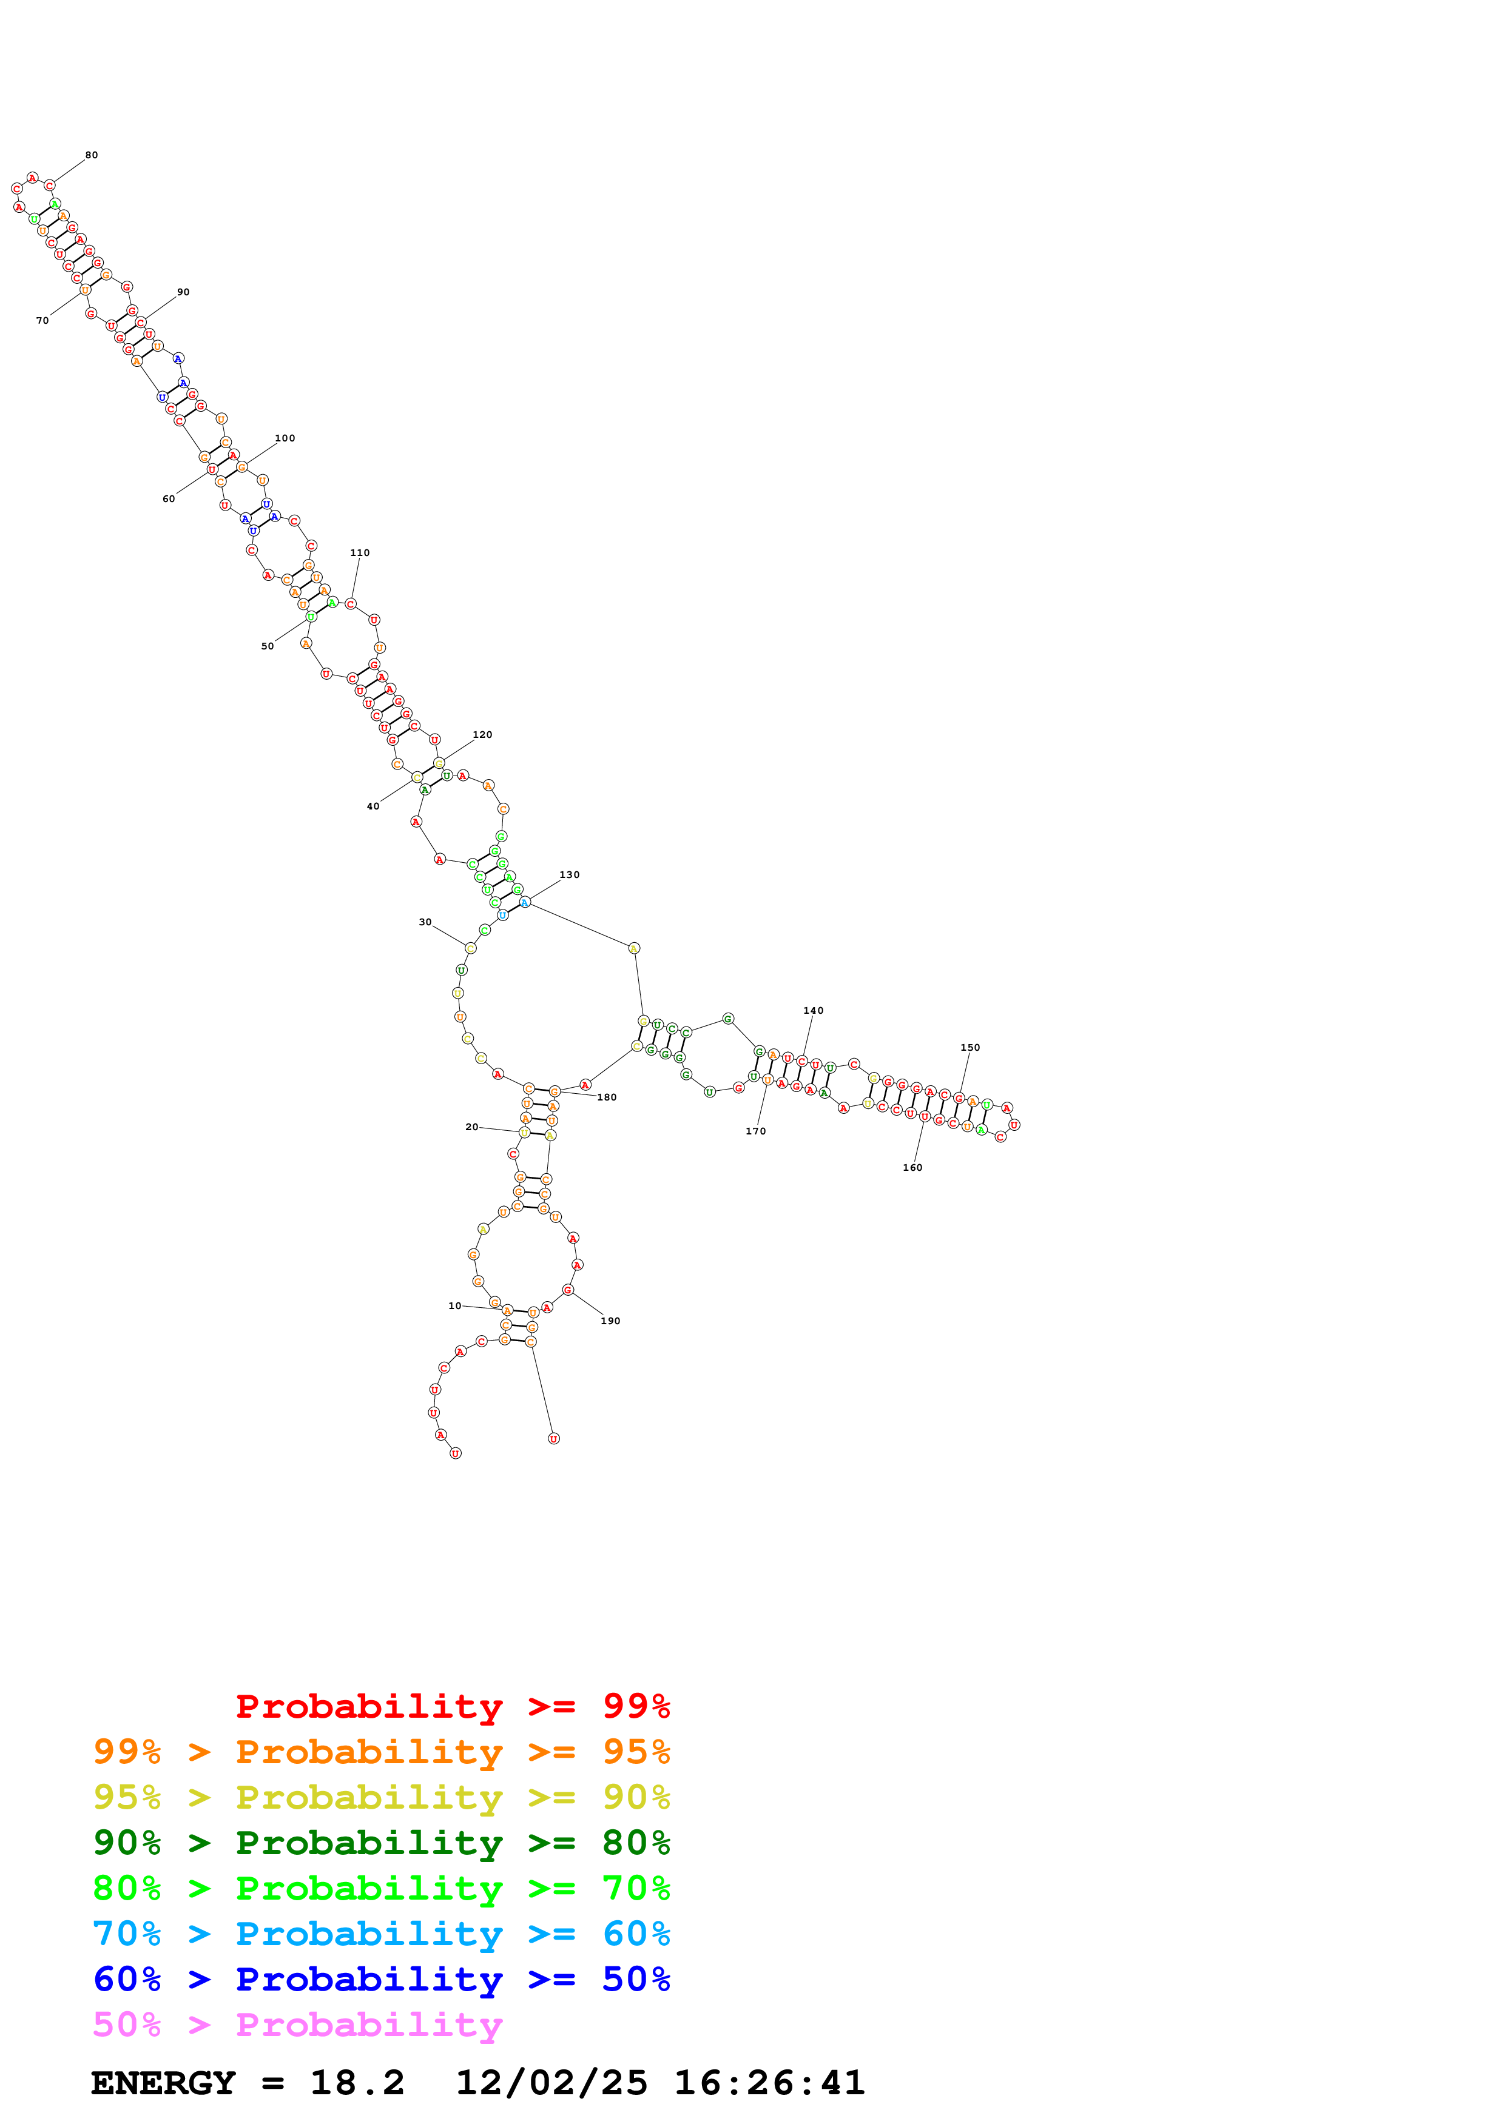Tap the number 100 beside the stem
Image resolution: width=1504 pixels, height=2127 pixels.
coord(285,438)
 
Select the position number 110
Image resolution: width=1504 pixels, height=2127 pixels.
coord(360,553)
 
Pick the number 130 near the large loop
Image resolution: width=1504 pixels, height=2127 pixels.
coord(569,874)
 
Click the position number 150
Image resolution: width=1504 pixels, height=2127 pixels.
coord(970,1048)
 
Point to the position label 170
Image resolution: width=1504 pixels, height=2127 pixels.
coord(755,1131)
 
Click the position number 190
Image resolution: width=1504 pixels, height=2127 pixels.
coord(610,1321)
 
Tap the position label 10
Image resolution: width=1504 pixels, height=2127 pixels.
coord(454,1306)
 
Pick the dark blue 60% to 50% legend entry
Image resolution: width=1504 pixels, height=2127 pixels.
coord(381,1980)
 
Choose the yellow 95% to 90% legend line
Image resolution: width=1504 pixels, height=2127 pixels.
coord(381,1797)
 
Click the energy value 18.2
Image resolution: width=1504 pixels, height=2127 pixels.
coord(357,2083)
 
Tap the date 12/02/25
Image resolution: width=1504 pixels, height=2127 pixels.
coord(551,2083)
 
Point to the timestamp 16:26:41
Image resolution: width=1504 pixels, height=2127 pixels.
coord(769,2083)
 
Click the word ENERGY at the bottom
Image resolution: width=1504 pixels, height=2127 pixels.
coord(163,2083)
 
